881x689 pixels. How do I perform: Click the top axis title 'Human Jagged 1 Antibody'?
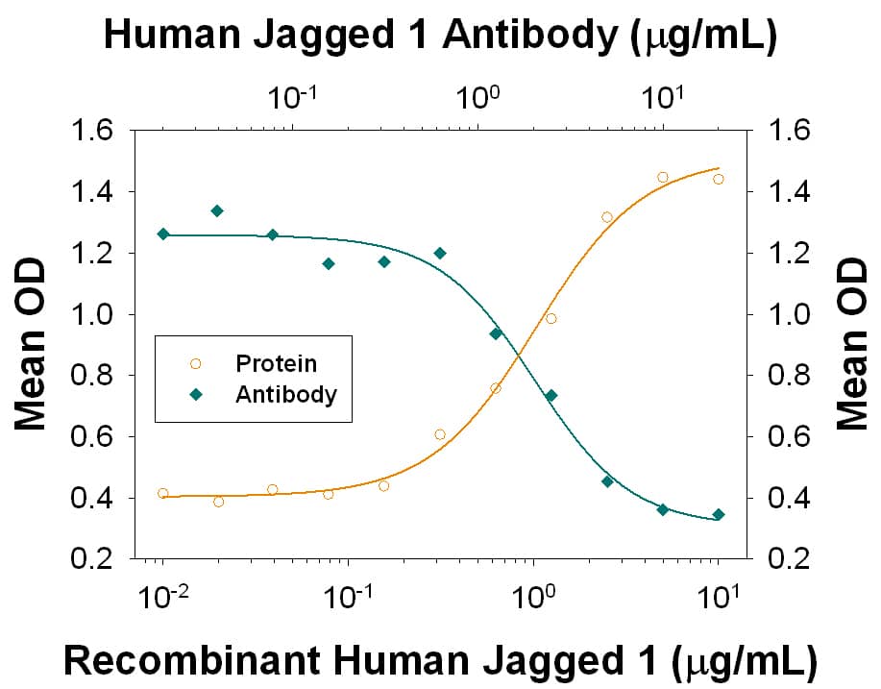439,36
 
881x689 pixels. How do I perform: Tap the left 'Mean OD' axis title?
33,343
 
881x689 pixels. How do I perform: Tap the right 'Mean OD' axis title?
850,343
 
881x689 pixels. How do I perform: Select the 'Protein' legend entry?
276,364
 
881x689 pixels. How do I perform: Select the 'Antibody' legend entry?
286,394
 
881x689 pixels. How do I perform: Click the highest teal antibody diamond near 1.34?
217,210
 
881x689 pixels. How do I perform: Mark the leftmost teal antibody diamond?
162,234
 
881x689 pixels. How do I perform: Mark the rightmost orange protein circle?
718,179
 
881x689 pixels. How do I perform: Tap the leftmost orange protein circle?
162,493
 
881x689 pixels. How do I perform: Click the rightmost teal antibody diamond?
718,514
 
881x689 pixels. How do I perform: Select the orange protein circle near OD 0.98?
551,318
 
